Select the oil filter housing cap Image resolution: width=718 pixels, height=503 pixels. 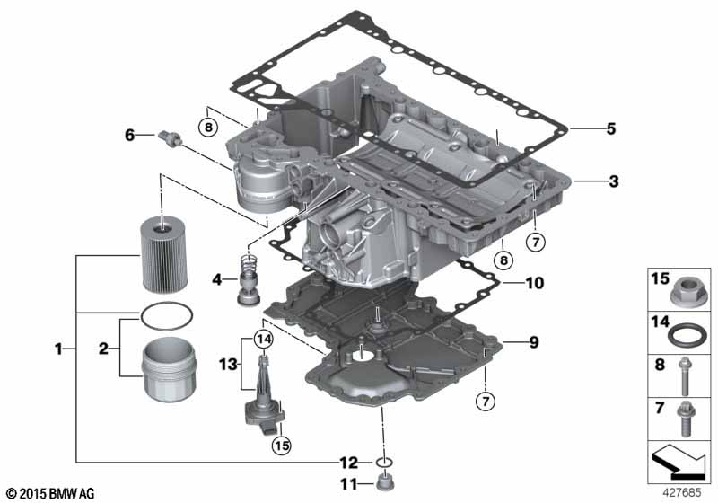[169, 369]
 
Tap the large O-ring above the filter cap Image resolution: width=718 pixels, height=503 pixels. [166, 316]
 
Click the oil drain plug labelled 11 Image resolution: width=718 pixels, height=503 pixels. [385, 483]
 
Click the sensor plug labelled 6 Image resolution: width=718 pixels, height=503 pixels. [170, 138]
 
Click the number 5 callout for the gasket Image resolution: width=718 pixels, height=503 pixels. [611, 128]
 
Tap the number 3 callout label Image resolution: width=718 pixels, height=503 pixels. [614, 181]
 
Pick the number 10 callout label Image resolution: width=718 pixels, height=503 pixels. [534, 283]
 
